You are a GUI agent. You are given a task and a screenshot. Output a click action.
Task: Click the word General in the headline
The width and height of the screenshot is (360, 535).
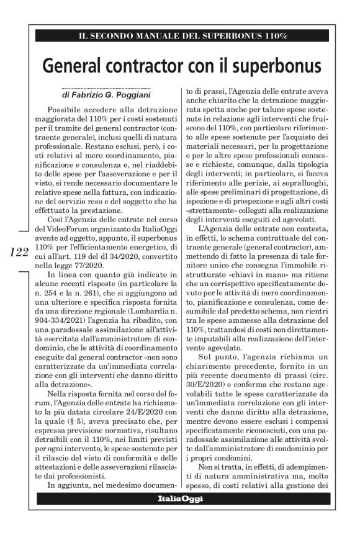pos(77,65)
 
